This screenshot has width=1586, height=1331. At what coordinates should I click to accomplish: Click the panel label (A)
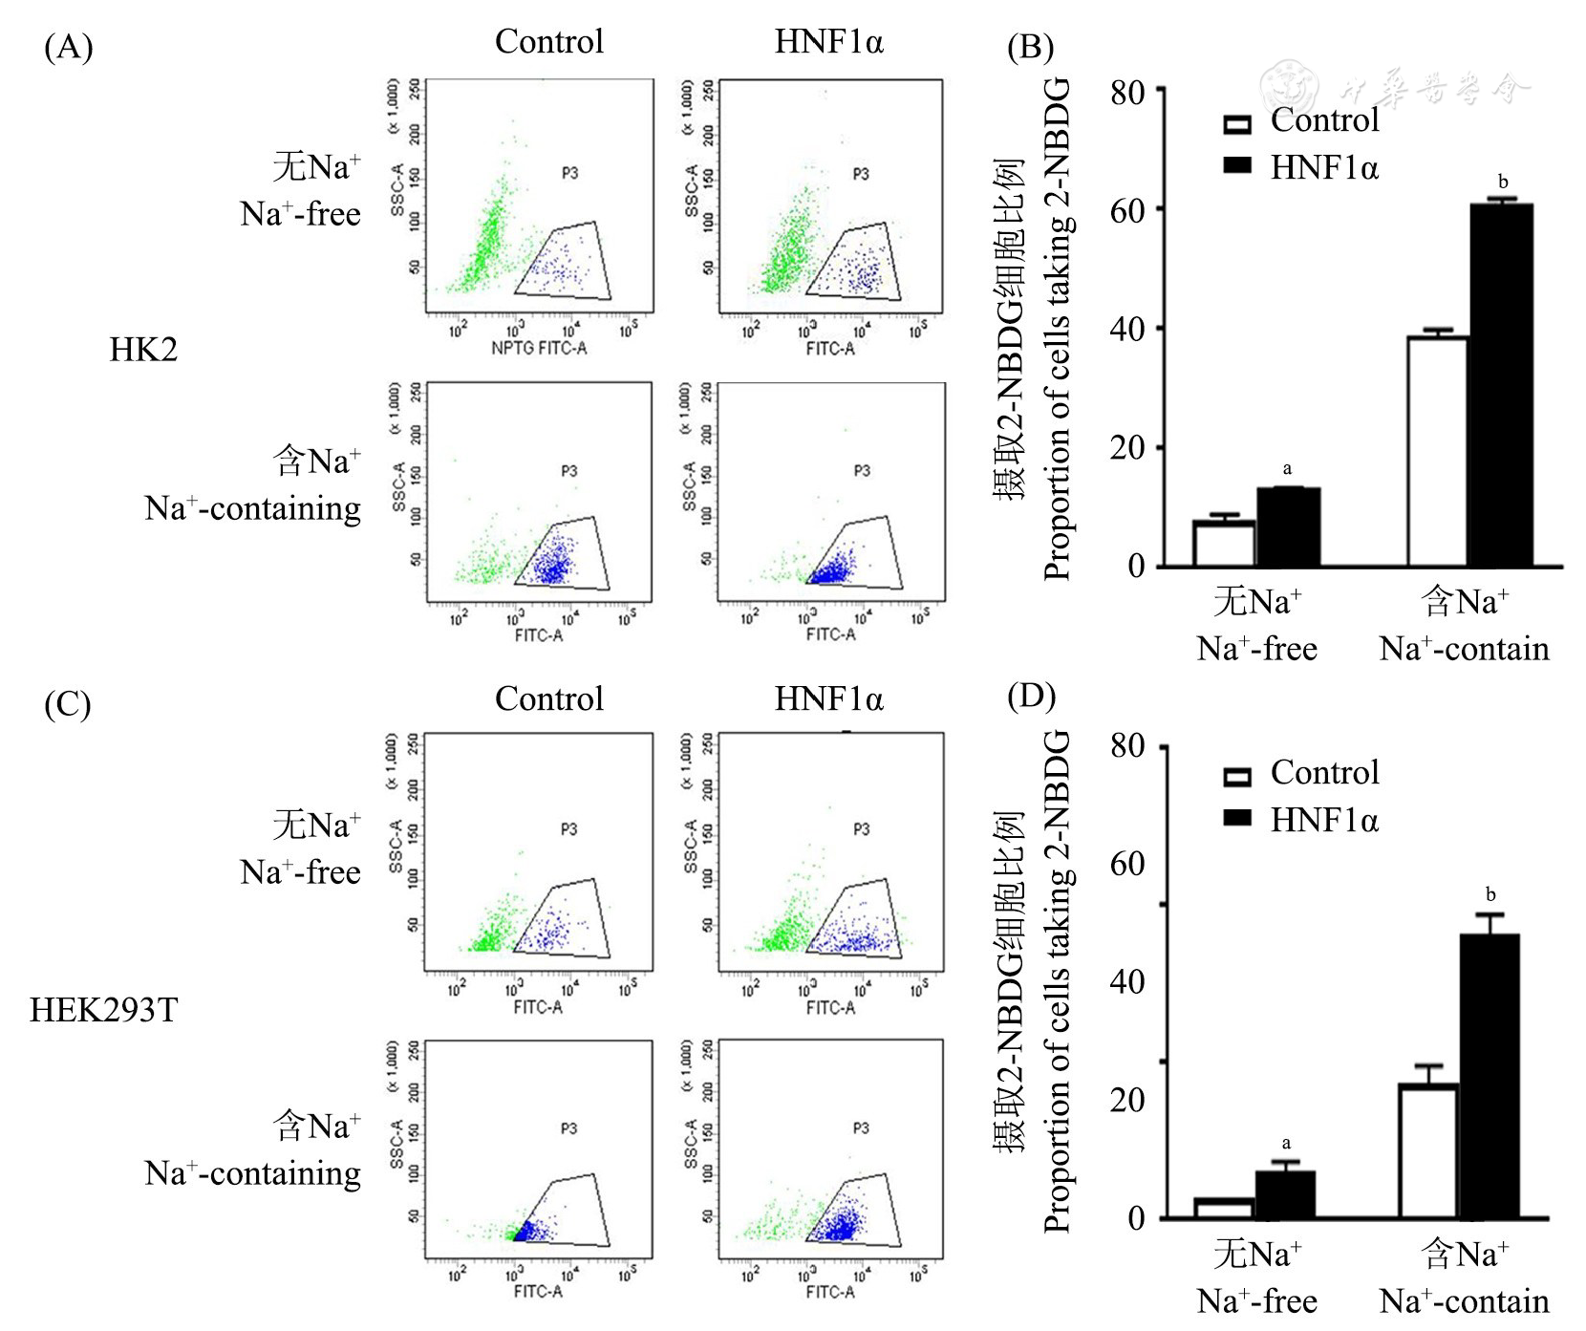coord(68,47)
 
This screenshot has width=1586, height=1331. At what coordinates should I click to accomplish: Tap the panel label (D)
coord(1031,696)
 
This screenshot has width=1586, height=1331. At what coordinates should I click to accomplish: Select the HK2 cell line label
coord(143,350)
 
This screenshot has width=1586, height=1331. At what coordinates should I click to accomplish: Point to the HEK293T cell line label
coord(103,1010)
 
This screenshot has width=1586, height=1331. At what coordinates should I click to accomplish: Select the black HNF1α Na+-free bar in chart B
coord(1288,526)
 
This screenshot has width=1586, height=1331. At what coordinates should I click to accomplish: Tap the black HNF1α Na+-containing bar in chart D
coord(1489,1076)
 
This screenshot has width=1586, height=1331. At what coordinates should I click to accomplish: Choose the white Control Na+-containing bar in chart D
coord(1428,1150)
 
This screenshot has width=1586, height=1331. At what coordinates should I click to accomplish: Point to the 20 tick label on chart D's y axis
coord(1128,1101)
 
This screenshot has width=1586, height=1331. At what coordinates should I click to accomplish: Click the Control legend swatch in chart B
coord(1237,124)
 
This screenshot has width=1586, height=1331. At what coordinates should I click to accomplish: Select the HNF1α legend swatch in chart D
coord(1237,818)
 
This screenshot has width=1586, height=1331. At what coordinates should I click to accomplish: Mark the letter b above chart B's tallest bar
coord(1503,182)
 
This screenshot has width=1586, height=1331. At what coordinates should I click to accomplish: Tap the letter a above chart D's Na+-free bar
coord(1286,1143)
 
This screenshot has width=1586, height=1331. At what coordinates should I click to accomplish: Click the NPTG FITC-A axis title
coord(539,349)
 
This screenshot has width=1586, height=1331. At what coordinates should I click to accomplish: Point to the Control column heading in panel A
coord(549,41)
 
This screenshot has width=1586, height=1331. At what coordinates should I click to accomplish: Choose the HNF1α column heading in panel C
coord(828,698)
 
